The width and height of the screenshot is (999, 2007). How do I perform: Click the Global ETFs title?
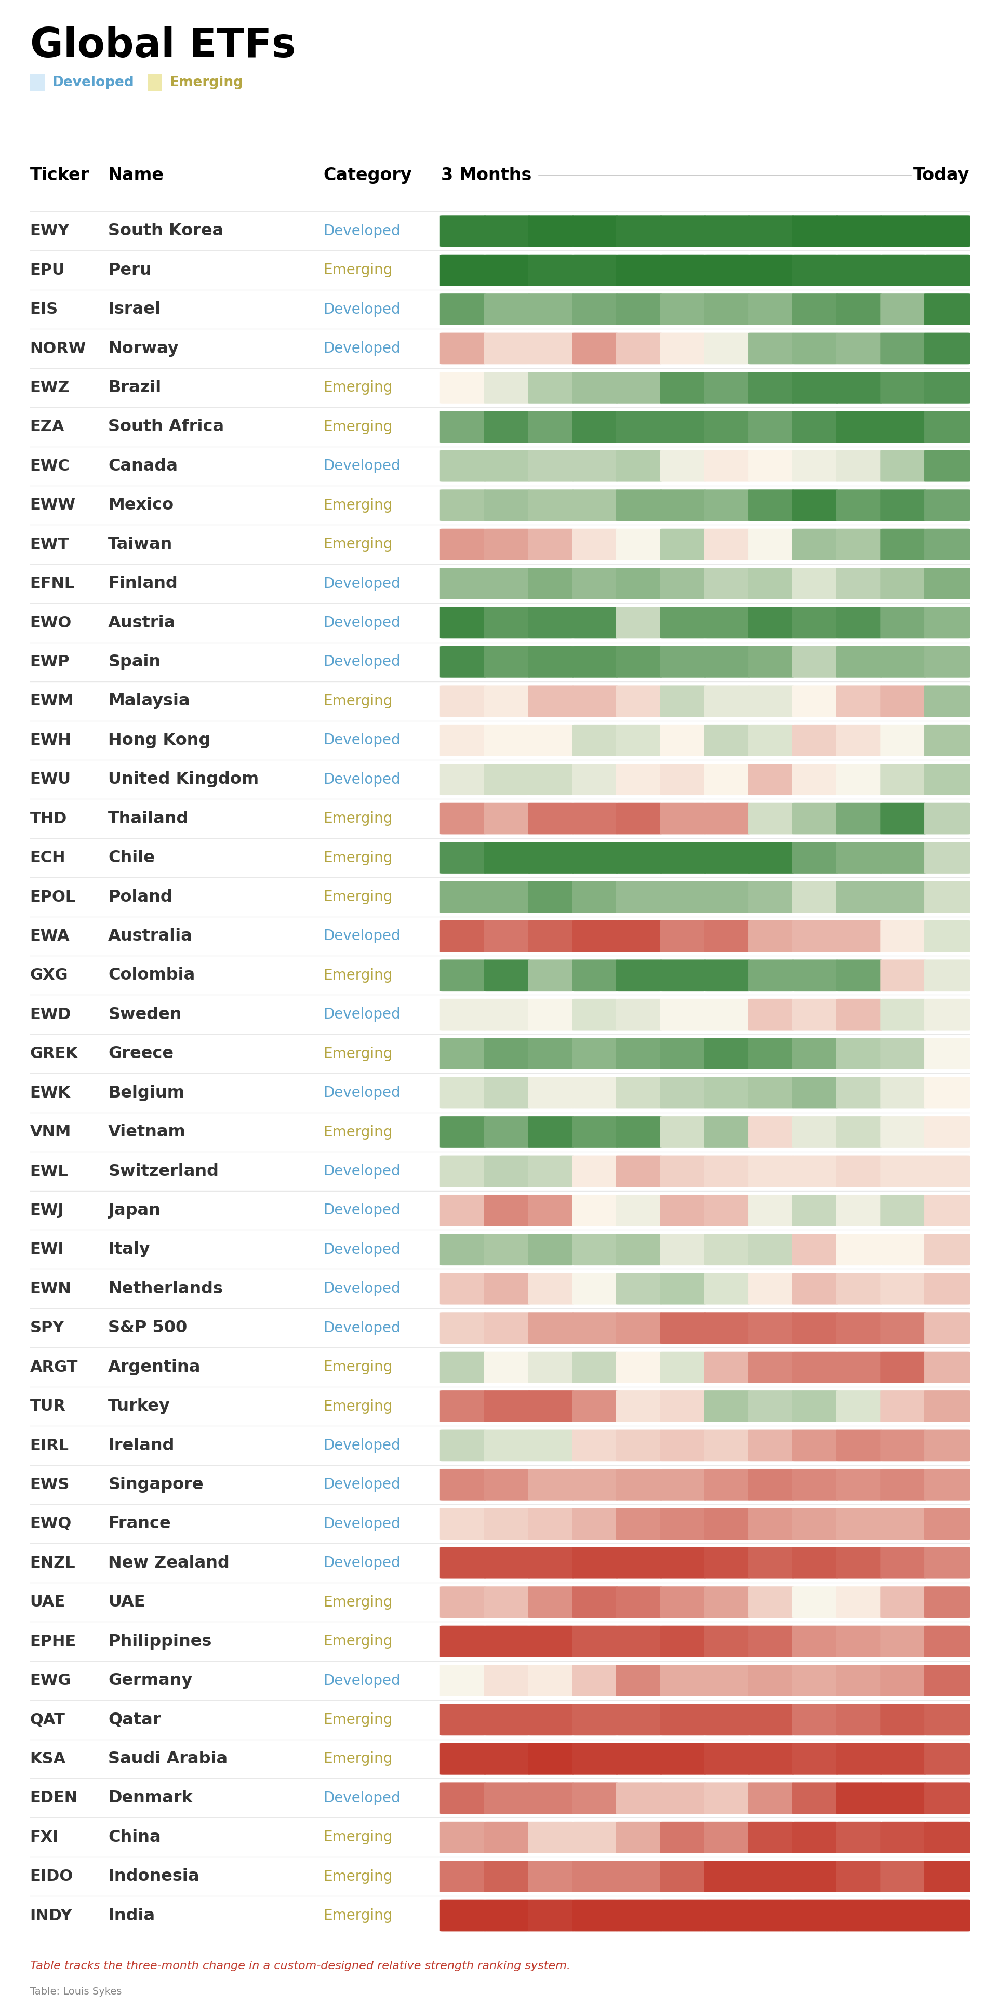coord(162,44)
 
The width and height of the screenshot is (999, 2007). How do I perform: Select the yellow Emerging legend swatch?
coord(154,82)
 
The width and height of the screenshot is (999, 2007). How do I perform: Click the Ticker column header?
coord(59,175)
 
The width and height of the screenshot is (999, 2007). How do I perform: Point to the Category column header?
coord(367,175)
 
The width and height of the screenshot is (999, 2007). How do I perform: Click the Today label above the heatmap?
coord(940,175)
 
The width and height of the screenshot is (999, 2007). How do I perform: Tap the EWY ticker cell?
coord(50,231)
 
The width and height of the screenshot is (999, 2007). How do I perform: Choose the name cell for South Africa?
coord(166,426)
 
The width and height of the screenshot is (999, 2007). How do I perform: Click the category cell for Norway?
coord(362,348)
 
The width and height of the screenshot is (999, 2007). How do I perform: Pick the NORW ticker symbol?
coord(58,348)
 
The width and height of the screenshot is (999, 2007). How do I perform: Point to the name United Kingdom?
coord(183,778)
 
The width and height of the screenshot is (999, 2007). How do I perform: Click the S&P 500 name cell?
coord(148,1327)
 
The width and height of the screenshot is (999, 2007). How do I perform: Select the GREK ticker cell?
coord(54,1052)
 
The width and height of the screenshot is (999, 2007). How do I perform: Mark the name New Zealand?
coord(168,1562)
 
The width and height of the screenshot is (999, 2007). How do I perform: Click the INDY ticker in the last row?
coord(51,1915)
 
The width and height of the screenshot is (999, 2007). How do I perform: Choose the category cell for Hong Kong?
coord(362,740)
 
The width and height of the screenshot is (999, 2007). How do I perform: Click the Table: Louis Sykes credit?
coord(76,1990)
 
